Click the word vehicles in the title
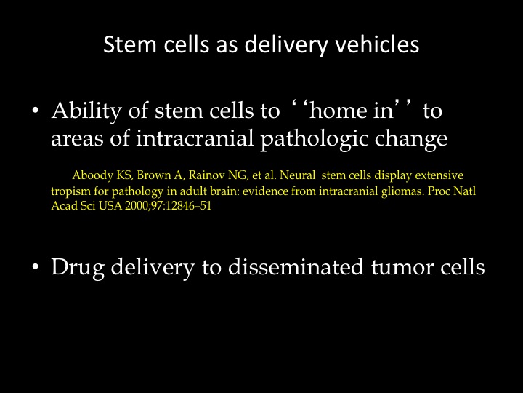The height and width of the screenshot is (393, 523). pos(377,44)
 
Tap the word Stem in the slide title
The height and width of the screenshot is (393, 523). pos(130,44)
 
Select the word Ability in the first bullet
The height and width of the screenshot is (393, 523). pos(86,111)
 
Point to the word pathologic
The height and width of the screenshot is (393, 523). pos(315,139)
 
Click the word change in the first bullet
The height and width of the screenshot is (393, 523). pos(411,139)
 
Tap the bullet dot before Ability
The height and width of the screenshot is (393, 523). pos(36,111)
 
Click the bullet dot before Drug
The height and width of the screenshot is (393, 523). pos(36,266)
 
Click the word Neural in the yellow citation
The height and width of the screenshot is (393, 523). pos(297,175)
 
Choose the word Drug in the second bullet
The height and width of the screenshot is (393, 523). pos(78,267)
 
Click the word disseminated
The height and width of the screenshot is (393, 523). pos(296,266)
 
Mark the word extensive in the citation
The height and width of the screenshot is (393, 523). pos(439,175)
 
